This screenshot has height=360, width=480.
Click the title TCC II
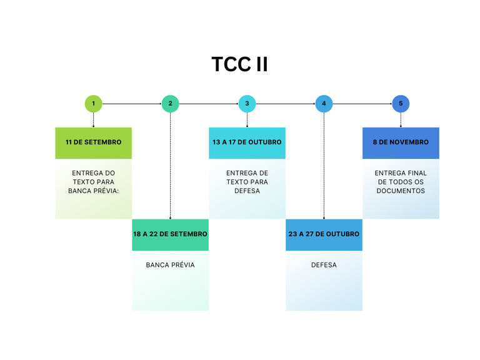click(239, 64)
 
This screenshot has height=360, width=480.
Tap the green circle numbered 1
click(93, 104)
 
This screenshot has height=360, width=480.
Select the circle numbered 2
click(170, 104)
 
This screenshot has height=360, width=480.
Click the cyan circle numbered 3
click(247, 104)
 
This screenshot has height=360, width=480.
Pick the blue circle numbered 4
click(324, 104)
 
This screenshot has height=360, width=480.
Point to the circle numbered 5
click(401, 104)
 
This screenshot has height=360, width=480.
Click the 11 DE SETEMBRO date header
click(93, 142)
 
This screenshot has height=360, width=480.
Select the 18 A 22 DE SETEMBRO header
click(170, 234)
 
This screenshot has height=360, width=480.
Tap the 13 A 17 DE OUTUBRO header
click(247, 142)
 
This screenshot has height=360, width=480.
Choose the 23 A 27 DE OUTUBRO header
click(324, 234)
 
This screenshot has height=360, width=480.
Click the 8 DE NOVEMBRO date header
click(401, 142)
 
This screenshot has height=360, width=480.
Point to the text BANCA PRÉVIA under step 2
click(170, 265)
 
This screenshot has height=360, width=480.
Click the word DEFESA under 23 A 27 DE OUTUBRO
click(324, 265)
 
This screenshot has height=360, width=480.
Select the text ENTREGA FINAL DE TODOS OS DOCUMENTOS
click(401, 182)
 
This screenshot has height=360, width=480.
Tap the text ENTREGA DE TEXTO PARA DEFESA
click(247, 182)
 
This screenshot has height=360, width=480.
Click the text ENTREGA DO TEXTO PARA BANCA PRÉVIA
click(93, 182)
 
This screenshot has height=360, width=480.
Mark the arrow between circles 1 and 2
click(131, 104)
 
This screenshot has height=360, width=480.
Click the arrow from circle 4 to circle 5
click(362, 104)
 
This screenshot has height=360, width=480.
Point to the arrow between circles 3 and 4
click(285, 104)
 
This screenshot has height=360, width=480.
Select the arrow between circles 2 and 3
click(208, 104)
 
